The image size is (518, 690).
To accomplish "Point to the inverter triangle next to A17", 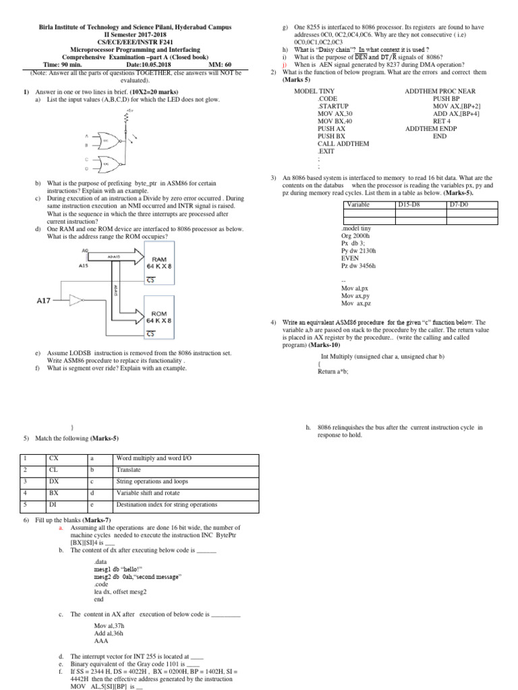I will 80,301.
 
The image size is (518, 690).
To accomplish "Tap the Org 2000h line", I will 357,236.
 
